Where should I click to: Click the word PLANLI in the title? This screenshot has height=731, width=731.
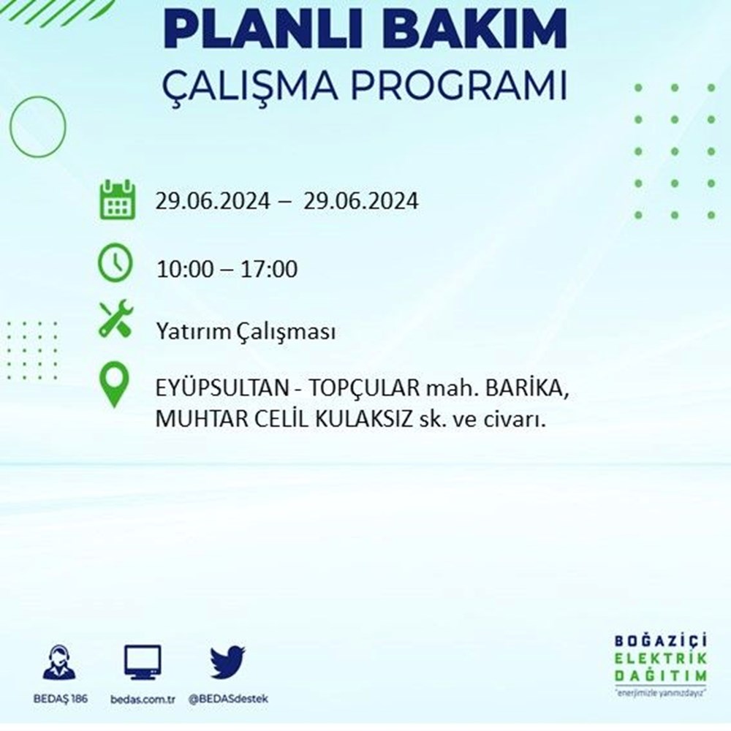[266, 30]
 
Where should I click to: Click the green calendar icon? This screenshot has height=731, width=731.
[118, 200]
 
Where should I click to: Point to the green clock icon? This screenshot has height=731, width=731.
[115, 262]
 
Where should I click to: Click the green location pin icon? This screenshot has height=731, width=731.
[114, 385]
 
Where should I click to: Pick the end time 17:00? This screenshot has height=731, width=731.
[268, 270]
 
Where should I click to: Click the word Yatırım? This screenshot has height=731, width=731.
[192, 332]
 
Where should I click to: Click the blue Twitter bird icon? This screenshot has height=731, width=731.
[227, 662]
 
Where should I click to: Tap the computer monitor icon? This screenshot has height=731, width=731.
[143, 662]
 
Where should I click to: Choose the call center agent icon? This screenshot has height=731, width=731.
[58, 662]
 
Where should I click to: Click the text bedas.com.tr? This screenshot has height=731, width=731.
[143, 700]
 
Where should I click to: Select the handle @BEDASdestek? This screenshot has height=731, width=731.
[228, 700]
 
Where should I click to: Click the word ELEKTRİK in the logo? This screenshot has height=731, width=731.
[661, 659]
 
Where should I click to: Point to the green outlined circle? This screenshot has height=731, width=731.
[11, 126]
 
